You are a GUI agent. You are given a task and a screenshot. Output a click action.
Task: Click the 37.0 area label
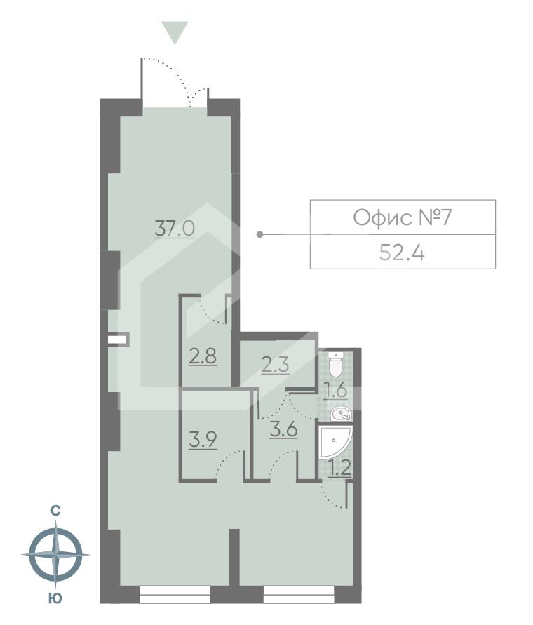click(175, 229)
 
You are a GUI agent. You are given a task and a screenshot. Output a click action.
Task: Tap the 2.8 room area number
click(203, 357)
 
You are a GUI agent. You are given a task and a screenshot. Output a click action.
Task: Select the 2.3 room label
click(275, 364)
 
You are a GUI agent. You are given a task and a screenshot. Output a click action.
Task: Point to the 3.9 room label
click(203, 441)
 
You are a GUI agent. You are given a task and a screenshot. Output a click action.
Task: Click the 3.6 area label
click(284, 430)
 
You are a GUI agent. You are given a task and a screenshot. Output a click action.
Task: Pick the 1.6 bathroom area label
click(336, 391)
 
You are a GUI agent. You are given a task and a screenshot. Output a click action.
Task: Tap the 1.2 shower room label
click(339, 469)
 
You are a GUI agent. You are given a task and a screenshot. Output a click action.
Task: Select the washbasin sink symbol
click(341, 414)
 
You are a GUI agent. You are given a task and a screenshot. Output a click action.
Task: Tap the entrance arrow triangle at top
click(175, 32)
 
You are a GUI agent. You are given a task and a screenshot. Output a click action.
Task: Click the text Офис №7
click(402, 217)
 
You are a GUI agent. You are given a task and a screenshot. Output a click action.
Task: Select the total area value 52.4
click(402, 253)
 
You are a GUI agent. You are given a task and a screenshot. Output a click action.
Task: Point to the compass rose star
click(55, 554)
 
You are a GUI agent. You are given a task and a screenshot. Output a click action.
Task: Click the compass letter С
click(55, 511)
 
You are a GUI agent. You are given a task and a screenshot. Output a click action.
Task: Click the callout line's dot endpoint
click(260, 234)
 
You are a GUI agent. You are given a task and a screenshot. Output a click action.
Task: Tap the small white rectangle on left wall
click(117, 340)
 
